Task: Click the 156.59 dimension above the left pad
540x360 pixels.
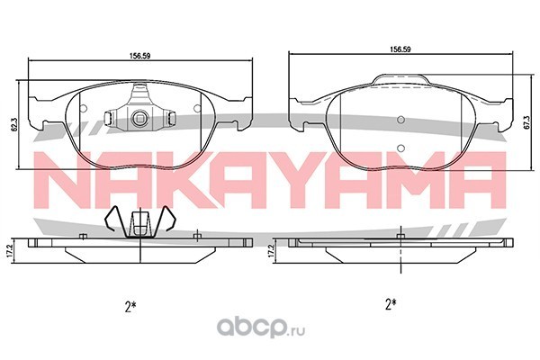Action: (x=139, y=56)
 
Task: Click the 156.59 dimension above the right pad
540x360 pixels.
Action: (x=400, y=49)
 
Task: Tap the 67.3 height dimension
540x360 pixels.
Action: (x=526, y=123)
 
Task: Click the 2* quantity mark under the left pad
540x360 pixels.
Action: (x=130, y=306)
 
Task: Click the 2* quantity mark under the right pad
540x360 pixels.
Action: (x=391, y=304)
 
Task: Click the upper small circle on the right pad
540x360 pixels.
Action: (x=400, y=120)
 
